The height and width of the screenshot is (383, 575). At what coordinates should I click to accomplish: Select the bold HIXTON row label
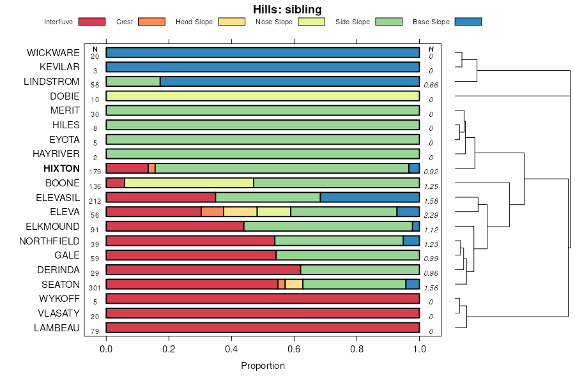tap(61, 169)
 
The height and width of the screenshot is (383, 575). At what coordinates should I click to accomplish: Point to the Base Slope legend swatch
tap(468, 22)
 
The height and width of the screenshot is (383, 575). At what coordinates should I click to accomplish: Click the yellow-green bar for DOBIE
tap(263, 96)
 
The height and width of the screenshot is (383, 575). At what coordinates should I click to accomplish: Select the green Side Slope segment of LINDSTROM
tap(133, 82)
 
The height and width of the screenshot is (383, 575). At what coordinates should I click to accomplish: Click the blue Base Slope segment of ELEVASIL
tap(369, 197)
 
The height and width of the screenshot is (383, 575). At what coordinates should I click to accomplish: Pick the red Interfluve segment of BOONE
tap(115, 183)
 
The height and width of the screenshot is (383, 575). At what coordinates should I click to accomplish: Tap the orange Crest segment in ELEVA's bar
tap(212, 212)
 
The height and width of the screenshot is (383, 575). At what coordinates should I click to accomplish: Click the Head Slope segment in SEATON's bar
tap(294, 284)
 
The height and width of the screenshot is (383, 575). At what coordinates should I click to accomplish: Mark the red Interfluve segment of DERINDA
tap(203, 270)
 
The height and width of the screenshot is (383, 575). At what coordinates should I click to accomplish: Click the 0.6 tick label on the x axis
tap(294, 349)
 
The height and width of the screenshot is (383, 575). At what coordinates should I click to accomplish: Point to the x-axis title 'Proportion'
tap(263, 366)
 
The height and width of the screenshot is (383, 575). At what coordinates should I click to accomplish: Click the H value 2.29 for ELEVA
tap(431, 216)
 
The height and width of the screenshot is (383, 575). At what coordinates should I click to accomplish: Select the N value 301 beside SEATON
tap(95, 288)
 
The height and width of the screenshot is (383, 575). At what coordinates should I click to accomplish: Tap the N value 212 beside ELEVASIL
tap(95, 201)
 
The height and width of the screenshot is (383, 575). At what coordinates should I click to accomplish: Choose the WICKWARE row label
tap(53, 52)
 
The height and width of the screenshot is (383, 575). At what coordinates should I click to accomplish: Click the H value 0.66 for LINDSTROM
tap(431, 86)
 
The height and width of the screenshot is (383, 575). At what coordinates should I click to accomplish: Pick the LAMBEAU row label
tap(57, 328)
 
